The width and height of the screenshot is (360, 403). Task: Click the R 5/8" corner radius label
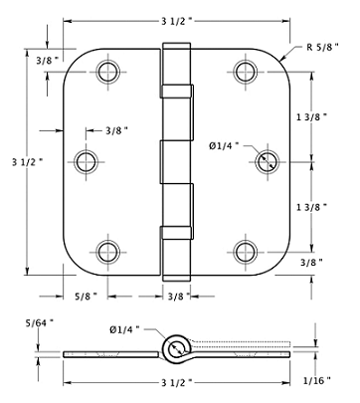[322, 47]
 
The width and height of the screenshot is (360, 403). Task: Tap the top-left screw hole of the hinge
[108, 72]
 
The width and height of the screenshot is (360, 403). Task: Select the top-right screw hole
[246, 72]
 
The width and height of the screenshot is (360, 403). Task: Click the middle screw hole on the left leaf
[87, 161]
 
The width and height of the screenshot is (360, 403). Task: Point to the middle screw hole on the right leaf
[268, 161]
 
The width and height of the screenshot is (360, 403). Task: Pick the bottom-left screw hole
[108, 252]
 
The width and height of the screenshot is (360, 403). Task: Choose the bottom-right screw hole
[246, 252]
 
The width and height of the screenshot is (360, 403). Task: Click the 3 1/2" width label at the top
[177, 22]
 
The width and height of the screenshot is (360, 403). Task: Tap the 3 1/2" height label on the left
[28, 162]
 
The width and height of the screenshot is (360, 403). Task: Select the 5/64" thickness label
[40, 322]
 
